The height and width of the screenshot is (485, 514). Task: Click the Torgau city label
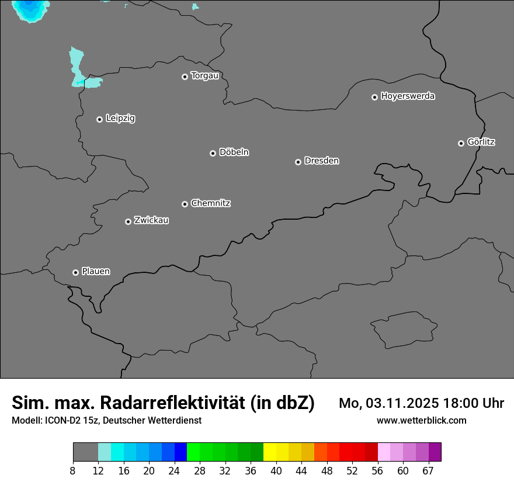click(204, 76)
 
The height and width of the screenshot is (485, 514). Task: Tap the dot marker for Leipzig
click(100, 119)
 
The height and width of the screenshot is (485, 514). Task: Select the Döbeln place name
click(234, 153)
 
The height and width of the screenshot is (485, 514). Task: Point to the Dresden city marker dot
click(298, 162)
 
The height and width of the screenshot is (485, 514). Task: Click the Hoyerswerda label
click(408, 96)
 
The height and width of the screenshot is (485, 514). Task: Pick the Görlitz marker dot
click(461, 143)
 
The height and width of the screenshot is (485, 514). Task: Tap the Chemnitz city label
click(210, 203)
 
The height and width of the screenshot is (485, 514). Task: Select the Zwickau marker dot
click(128, 221)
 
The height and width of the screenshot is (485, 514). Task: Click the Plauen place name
click(96, 272)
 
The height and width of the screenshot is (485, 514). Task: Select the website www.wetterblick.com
click(422, 420)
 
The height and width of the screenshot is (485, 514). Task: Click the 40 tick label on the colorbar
click(276, 471)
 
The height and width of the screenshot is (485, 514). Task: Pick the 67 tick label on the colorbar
click(428, 471)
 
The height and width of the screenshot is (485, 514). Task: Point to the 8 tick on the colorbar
click(73, 471)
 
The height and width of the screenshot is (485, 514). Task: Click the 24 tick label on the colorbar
click(174, 471)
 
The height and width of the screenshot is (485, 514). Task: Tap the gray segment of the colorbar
click(85, 452)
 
